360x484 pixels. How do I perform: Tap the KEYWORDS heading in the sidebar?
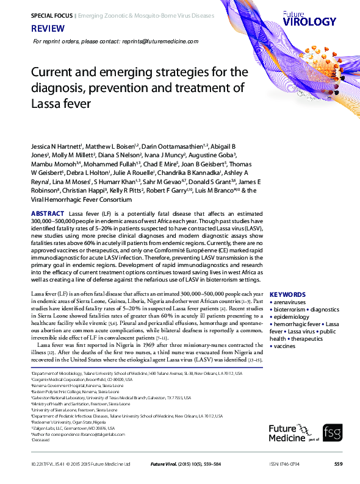tap(287, 294)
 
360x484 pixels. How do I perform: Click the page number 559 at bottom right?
tap(338, 464)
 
